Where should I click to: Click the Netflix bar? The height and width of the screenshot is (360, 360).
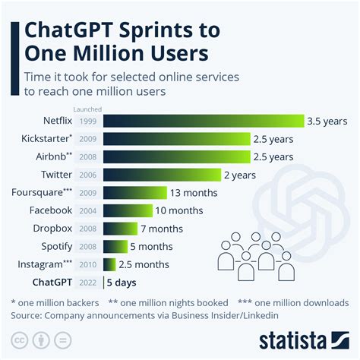pos(203,121)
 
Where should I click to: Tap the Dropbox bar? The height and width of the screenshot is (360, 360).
pos(120,228)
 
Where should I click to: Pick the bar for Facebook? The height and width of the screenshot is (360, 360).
pos(127,210)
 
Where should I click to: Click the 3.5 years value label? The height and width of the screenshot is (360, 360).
pos(327,121)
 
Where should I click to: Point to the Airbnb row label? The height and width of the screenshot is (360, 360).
pos(49,156)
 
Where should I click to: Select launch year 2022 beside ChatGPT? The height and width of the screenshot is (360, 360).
pos(87,283)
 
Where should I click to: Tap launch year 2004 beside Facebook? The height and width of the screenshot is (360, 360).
pos(87,211)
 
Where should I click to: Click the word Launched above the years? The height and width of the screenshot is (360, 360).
pos(87,109)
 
